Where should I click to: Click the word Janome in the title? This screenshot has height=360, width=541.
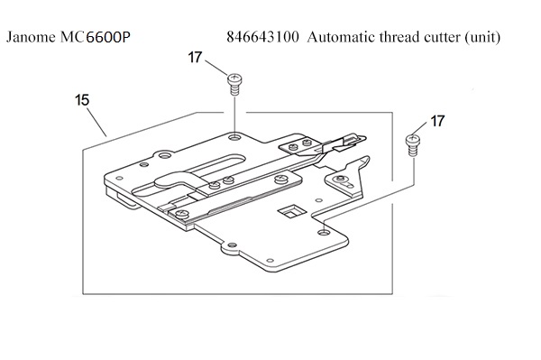pyautogui.click(x=31, y=37)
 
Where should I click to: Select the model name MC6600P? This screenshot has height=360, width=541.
pyautogui.click(x=96, y=37)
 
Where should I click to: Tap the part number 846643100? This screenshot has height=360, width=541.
pyautogui.click(x=262, y=37)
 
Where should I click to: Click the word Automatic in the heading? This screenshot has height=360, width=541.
pyautogui.click(x=341, y=37)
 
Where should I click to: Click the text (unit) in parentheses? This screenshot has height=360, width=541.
pyautogui.click(x=482, y=37)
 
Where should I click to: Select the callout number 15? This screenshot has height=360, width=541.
pyautogui.click(x=82, y=100)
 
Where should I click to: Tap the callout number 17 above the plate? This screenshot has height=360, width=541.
pyautogui.click(x=195, y=58)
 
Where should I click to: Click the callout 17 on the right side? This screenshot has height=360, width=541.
pyautogui.click(x=437, y=121)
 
